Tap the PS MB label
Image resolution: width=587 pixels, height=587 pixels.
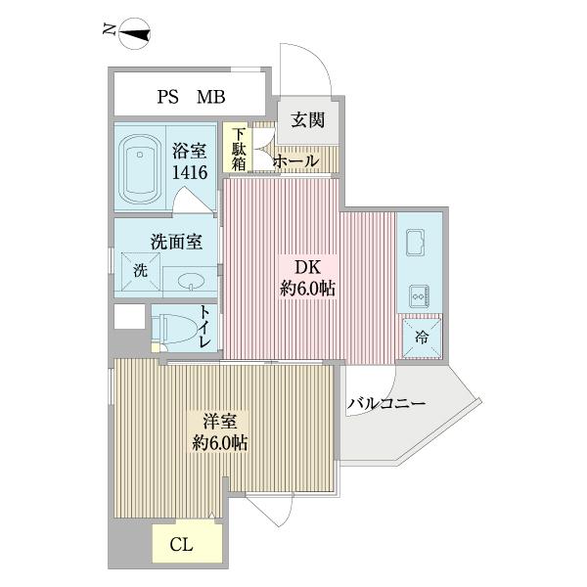pos(191,97)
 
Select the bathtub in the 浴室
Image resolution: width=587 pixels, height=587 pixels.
pos(142,163)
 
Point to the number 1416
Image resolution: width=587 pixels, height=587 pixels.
pos(190,173)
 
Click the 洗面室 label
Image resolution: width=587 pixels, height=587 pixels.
pos(176,241)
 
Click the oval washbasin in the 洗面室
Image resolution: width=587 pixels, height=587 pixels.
pos(191,282)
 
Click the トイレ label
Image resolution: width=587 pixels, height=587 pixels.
pos(205,327)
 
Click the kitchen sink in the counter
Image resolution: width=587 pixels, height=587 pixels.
pos(413,242)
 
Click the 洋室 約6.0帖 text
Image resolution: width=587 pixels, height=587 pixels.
pos(219,432)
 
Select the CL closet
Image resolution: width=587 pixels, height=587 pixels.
pos(181,545)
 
